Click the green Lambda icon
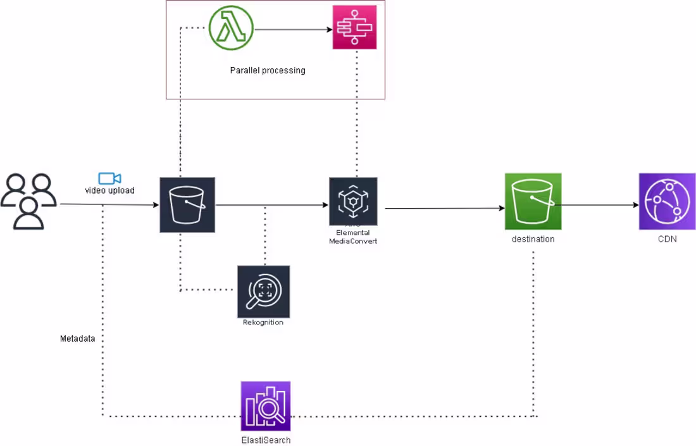tap(231, 28)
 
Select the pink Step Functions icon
tap(354, 27)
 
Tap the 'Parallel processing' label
tap(268, 70)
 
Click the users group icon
tap(28, 201)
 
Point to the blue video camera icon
tap(109, 178)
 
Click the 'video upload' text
tap(110, 190)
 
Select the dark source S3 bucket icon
tap(187, 205)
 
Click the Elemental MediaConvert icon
tap(353, 201)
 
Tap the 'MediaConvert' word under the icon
tap(353, 241)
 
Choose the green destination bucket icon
tap(533, 202)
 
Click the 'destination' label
tap(533, 239)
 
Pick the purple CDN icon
tap(667, 201)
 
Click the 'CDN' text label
tap(667, 239)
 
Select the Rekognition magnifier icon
tap(263, 291)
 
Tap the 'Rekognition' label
tap(263, 323)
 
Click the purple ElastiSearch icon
tap(266, 406)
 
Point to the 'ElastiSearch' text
tap(266, 440)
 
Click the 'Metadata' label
tap(78, 338)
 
